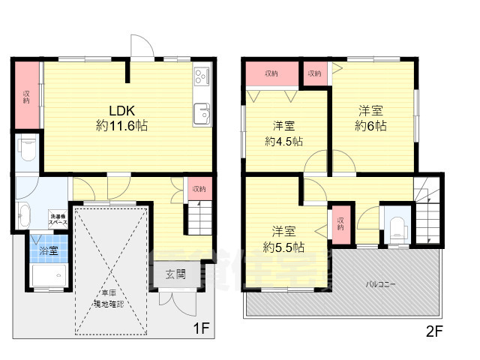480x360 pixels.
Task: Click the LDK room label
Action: click(121, 110)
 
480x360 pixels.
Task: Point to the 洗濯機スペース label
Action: click(58, 218)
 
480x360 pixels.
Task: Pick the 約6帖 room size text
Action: click(370, 126)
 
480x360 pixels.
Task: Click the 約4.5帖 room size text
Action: click(283, 140)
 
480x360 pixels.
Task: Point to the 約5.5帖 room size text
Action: click(283, 245)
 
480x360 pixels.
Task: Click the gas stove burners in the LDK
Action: click(202, 76)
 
